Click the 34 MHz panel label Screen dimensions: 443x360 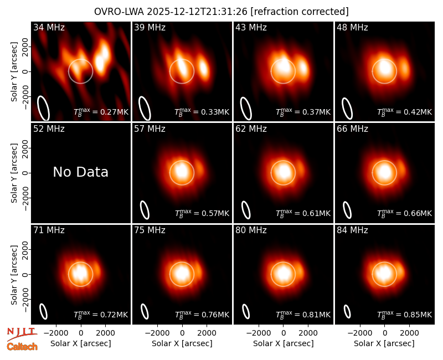pos(49,27)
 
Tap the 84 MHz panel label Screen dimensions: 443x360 pos(352,230)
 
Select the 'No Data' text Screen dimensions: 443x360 pos(80,172)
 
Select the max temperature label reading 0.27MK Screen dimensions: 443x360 pos(101,112)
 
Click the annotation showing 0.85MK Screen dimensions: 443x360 pos(405,314)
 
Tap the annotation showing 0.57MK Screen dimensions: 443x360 pos(202,213)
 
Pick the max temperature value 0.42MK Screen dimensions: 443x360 pos(405,112)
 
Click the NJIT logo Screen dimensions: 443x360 pos(22,334)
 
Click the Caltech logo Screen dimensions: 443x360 pos(22,347)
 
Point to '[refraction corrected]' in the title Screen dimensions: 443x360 pos(300,12)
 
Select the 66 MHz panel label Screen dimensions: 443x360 pos(352,129)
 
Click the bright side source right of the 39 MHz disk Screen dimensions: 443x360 pos(204,68)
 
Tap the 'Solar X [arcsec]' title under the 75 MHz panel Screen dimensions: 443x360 pos(182,343)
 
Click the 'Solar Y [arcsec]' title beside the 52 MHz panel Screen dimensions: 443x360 pos(14,173)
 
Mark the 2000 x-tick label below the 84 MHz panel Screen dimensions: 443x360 pos(409,333)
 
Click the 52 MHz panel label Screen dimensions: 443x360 pos(49,129)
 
